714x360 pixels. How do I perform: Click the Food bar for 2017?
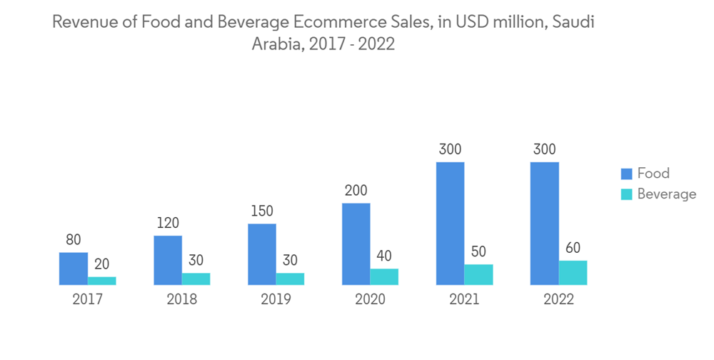point(74,269)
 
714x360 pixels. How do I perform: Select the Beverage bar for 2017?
point(102,281)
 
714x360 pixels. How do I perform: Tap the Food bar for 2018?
point(168,260)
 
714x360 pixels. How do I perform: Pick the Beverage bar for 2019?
point(290,279)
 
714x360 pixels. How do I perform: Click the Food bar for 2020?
point(356,244)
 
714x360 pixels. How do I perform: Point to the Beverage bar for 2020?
point(384,277)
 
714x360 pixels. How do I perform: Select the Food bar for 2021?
point(450,224)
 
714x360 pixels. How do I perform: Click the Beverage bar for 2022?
point(573,273)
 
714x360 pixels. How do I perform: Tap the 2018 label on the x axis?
point(181,300)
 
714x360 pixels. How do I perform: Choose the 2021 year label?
point(464,300)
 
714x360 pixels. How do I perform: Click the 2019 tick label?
point(276,300)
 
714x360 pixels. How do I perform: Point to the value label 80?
point(74,240)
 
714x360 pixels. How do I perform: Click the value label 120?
point(168,223)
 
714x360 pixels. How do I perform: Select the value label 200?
point(356,191)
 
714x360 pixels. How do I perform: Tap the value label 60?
point(573,249)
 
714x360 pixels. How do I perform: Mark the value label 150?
point(261,211)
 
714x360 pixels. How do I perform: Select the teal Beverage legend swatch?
point(627,194)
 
